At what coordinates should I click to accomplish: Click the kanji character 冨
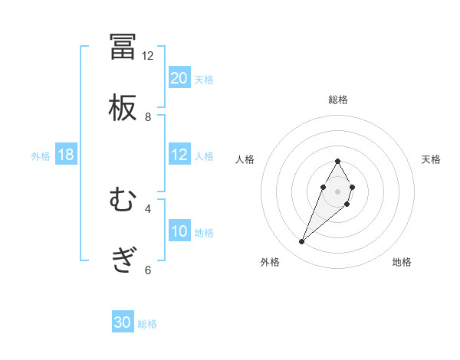123,47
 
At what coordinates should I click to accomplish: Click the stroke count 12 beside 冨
148,56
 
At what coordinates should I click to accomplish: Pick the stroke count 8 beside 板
148,117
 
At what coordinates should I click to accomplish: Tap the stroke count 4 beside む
148,208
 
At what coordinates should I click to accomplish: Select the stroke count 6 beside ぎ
148,270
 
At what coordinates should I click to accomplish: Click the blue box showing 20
179,78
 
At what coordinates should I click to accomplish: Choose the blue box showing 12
179,155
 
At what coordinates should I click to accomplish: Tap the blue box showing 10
179,231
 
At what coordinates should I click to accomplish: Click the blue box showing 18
66,155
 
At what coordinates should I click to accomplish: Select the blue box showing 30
123,323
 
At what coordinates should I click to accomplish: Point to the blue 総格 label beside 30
147,324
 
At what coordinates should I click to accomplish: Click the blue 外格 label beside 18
41,156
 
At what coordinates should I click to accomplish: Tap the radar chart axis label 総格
338,100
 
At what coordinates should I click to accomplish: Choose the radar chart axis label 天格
431,159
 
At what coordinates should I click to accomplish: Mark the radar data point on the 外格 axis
302,242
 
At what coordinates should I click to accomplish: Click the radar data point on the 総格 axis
337,161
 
